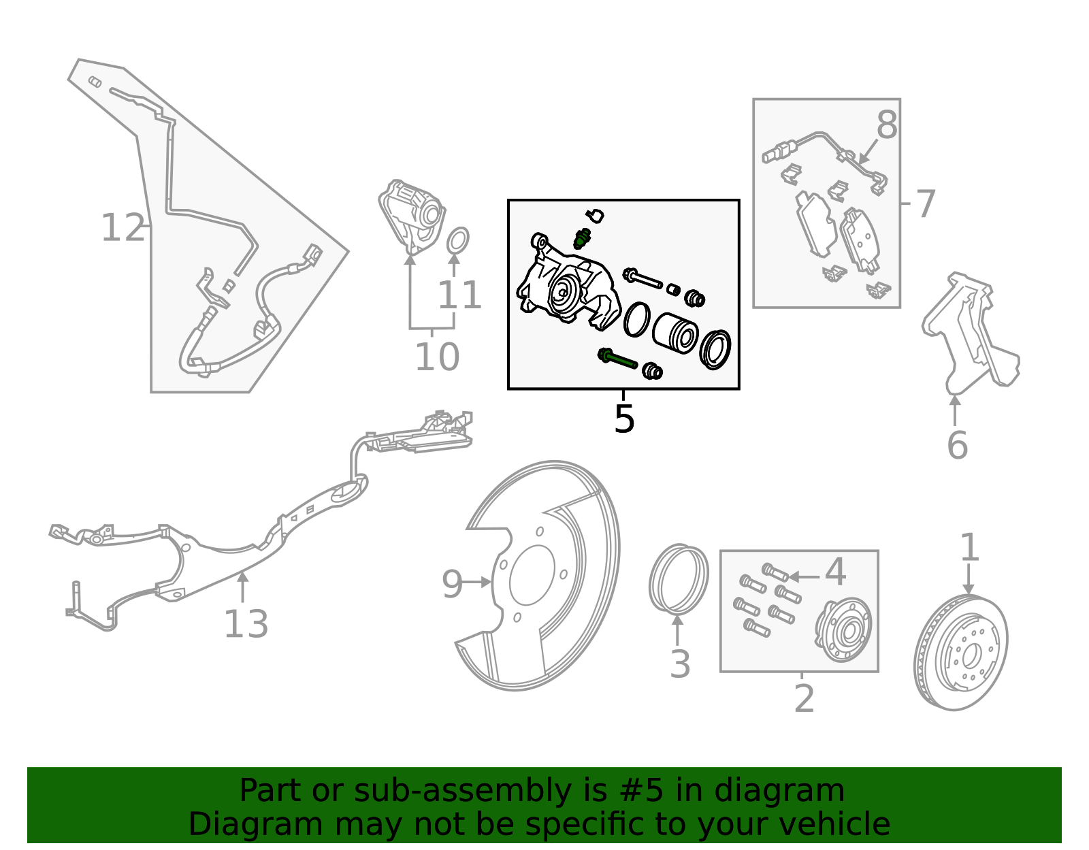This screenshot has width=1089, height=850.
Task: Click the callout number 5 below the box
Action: tap(623, 419)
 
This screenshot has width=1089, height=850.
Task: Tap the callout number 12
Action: tap(123, 228)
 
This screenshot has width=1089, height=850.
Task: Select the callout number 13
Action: tap(246, 624)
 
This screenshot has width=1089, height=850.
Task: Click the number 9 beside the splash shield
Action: tap(452, 584)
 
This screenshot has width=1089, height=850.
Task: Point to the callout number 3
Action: tap(680, 664)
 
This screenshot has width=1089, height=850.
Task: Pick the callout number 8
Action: tap(887, 126)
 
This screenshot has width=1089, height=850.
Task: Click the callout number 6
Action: tap(957, 446)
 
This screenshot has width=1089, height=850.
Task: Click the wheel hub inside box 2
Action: tap(844, 630)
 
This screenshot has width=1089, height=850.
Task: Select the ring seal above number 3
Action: tap(678, 578)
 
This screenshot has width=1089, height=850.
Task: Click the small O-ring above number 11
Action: tap(457, 240)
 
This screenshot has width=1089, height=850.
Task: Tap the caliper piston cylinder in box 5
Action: tap(675, 333)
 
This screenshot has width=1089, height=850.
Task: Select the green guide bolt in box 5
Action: tap(617, 359)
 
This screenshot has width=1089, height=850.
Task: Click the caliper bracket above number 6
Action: tap(970, 333)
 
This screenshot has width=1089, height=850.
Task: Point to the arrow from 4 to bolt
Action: tap(803, 576)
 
